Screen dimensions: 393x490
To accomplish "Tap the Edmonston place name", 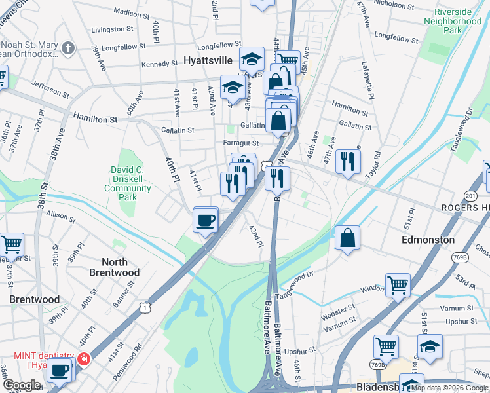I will [428, 240].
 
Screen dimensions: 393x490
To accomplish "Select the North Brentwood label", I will [115, 267].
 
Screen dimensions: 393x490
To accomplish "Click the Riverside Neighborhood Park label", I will [453, 21].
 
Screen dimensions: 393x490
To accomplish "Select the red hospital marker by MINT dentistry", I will [83, 358].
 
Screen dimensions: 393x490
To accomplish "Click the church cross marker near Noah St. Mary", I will [69, 48].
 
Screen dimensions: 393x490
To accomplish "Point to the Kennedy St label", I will [160, 64].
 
